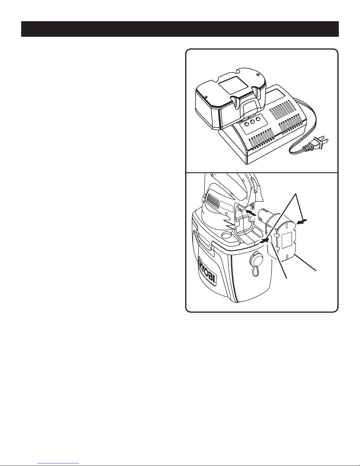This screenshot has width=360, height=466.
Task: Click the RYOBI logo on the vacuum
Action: tap(207, 271)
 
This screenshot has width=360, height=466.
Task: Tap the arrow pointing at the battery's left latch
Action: tap(264, 241)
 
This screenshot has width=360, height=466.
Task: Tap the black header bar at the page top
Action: tap(180, 29)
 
